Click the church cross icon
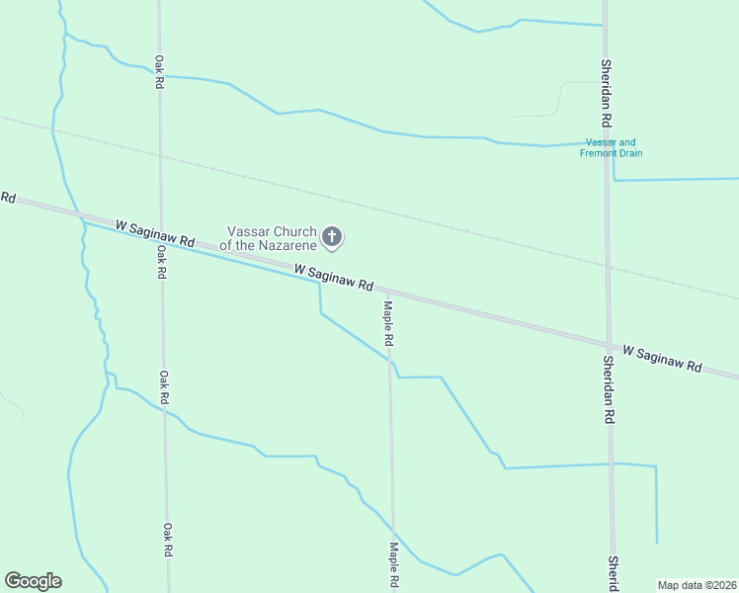tap(333, 236)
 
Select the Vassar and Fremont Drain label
tap(612, 147)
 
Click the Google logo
tap(33, 581)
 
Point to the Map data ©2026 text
tap(698, 585)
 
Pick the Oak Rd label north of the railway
tap(158, 72)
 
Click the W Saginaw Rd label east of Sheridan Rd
tap(661, 358)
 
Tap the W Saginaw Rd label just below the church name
tap(333, 278)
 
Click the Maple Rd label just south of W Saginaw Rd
tap(389, 323)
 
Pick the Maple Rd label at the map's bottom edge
tap(393, 565)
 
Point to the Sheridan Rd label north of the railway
tap(607, 92)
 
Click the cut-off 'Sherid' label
tap(613, 573)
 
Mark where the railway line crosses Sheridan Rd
tap(608, 265)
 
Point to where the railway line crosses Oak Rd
tap(159, 155)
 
